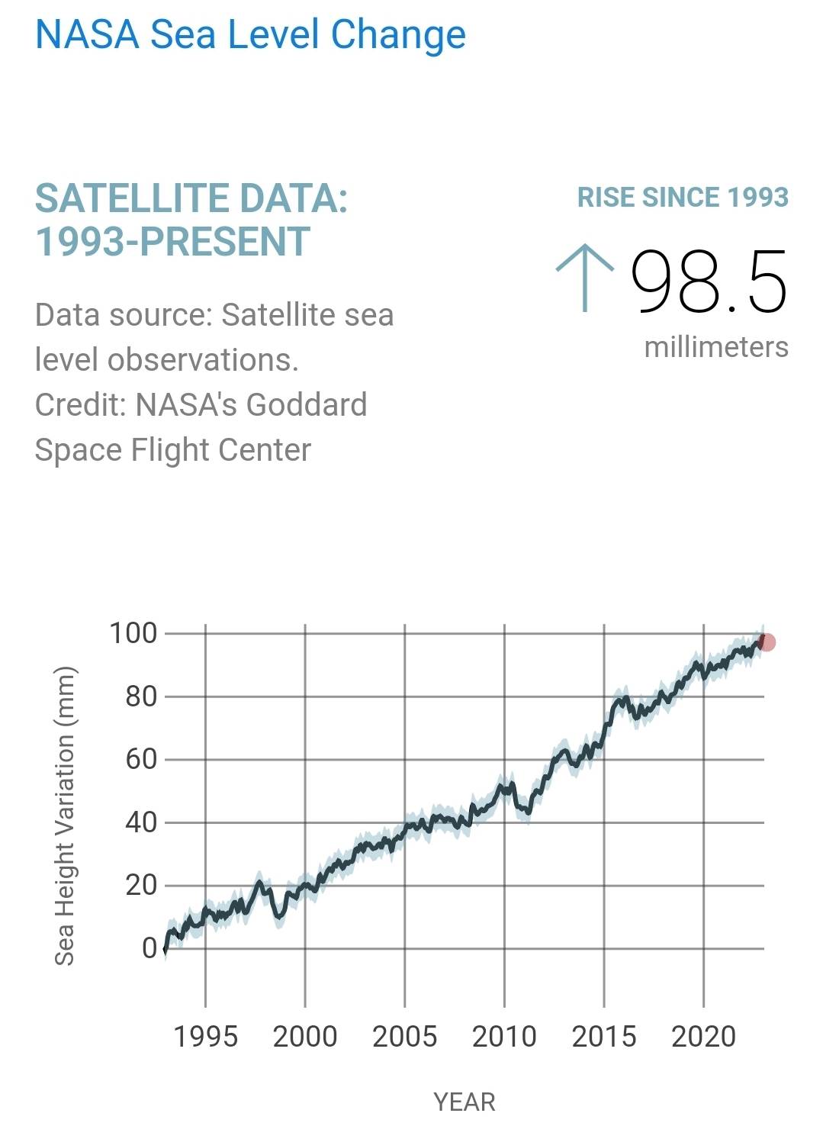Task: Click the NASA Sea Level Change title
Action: tap(250, 35)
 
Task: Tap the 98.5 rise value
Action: tap(709, 282)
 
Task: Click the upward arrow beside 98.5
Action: tap(584, 278)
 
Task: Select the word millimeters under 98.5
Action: tap(715, 347)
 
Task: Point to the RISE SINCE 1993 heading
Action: tap(682, 198)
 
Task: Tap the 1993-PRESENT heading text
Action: tap(172, 242)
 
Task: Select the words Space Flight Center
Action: tap(172, 450)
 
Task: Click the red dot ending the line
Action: tap(767, 642)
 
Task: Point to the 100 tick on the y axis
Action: tap(133, 633)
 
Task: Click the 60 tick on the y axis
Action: tap(141, 759)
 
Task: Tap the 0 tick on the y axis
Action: tap(149, 948)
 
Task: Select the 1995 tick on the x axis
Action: tap(205, 1037)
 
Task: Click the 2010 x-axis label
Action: tap(504, 1037)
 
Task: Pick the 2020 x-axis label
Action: tap(703, 1037)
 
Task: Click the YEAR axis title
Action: tap(464, 1102)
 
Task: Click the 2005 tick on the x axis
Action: tap(404, 1037)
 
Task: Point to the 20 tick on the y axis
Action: tap(141, 885)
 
